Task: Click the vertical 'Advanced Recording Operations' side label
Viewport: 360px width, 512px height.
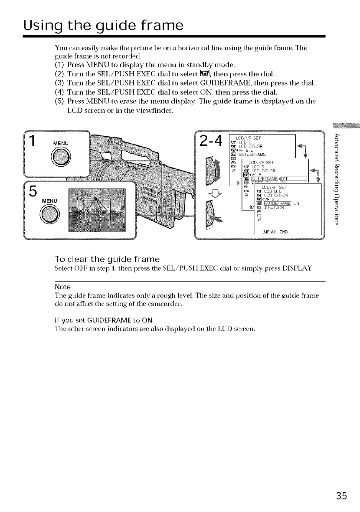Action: [x=340, y=182]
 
